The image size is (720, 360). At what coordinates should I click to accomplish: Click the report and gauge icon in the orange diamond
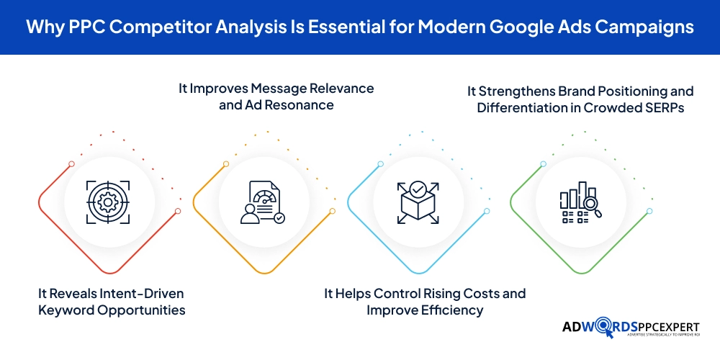coord(261,202)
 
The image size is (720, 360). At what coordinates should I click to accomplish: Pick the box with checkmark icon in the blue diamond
coord(417,202)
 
